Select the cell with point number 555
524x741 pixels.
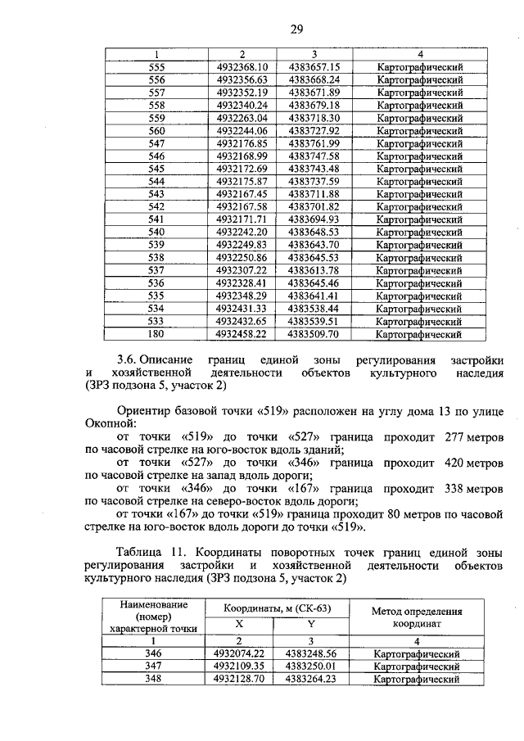pos(156,67)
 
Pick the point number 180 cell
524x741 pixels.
pos(156,334)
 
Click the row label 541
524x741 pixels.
pos(156,220)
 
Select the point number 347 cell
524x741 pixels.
pos(152,666)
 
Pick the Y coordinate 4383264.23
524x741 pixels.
pos(311,679)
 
